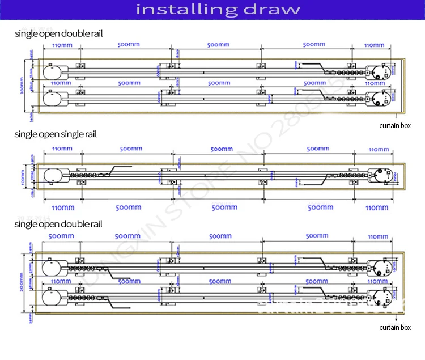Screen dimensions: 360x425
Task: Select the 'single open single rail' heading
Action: point(56,134)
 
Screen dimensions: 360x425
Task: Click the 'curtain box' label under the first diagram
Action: point(395,126)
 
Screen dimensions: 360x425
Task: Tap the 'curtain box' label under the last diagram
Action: point(395,327)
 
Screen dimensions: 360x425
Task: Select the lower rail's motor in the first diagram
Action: point(378,99)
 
